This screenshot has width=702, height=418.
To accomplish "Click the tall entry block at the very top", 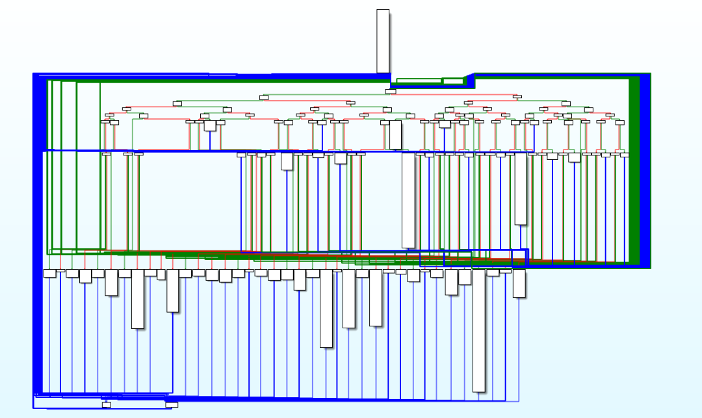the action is (x=383, y=40).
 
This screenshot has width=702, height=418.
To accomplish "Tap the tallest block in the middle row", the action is (x=408, y=200).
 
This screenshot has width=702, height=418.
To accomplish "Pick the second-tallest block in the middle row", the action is (x=520, y=189).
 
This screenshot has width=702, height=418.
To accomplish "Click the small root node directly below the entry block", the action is (x=390, y=92).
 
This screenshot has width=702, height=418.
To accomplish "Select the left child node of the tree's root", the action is (x=264, y=98).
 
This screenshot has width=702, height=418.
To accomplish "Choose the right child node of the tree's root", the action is (x=517, y=97).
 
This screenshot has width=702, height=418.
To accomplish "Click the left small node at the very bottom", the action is (x=107, y=405).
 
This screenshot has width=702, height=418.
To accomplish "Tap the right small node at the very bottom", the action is (x=172, y=404).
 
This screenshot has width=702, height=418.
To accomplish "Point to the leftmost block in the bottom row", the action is (x=49, y=273).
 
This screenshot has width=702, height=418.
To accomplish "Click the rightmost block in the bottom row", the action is (x=519, y=283).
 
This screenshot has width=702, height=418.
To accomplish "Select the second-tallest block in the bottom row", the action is (x=326, y=308).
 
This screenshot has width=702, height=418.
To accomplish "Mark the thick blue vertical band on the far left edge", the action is (x=39, y=234).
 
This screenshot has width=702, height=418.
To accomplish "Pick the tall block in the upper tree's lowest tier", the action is (x=395, y=135).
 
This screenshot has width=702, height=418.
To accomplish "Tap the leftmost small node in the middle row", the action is (x=107, y=154).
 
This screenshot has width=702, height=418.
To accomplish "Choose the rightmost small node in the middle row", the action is (x=625, y=155).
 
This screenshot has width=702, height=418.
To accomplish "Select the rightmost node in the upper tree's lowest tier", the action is (x=619, y=122).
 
